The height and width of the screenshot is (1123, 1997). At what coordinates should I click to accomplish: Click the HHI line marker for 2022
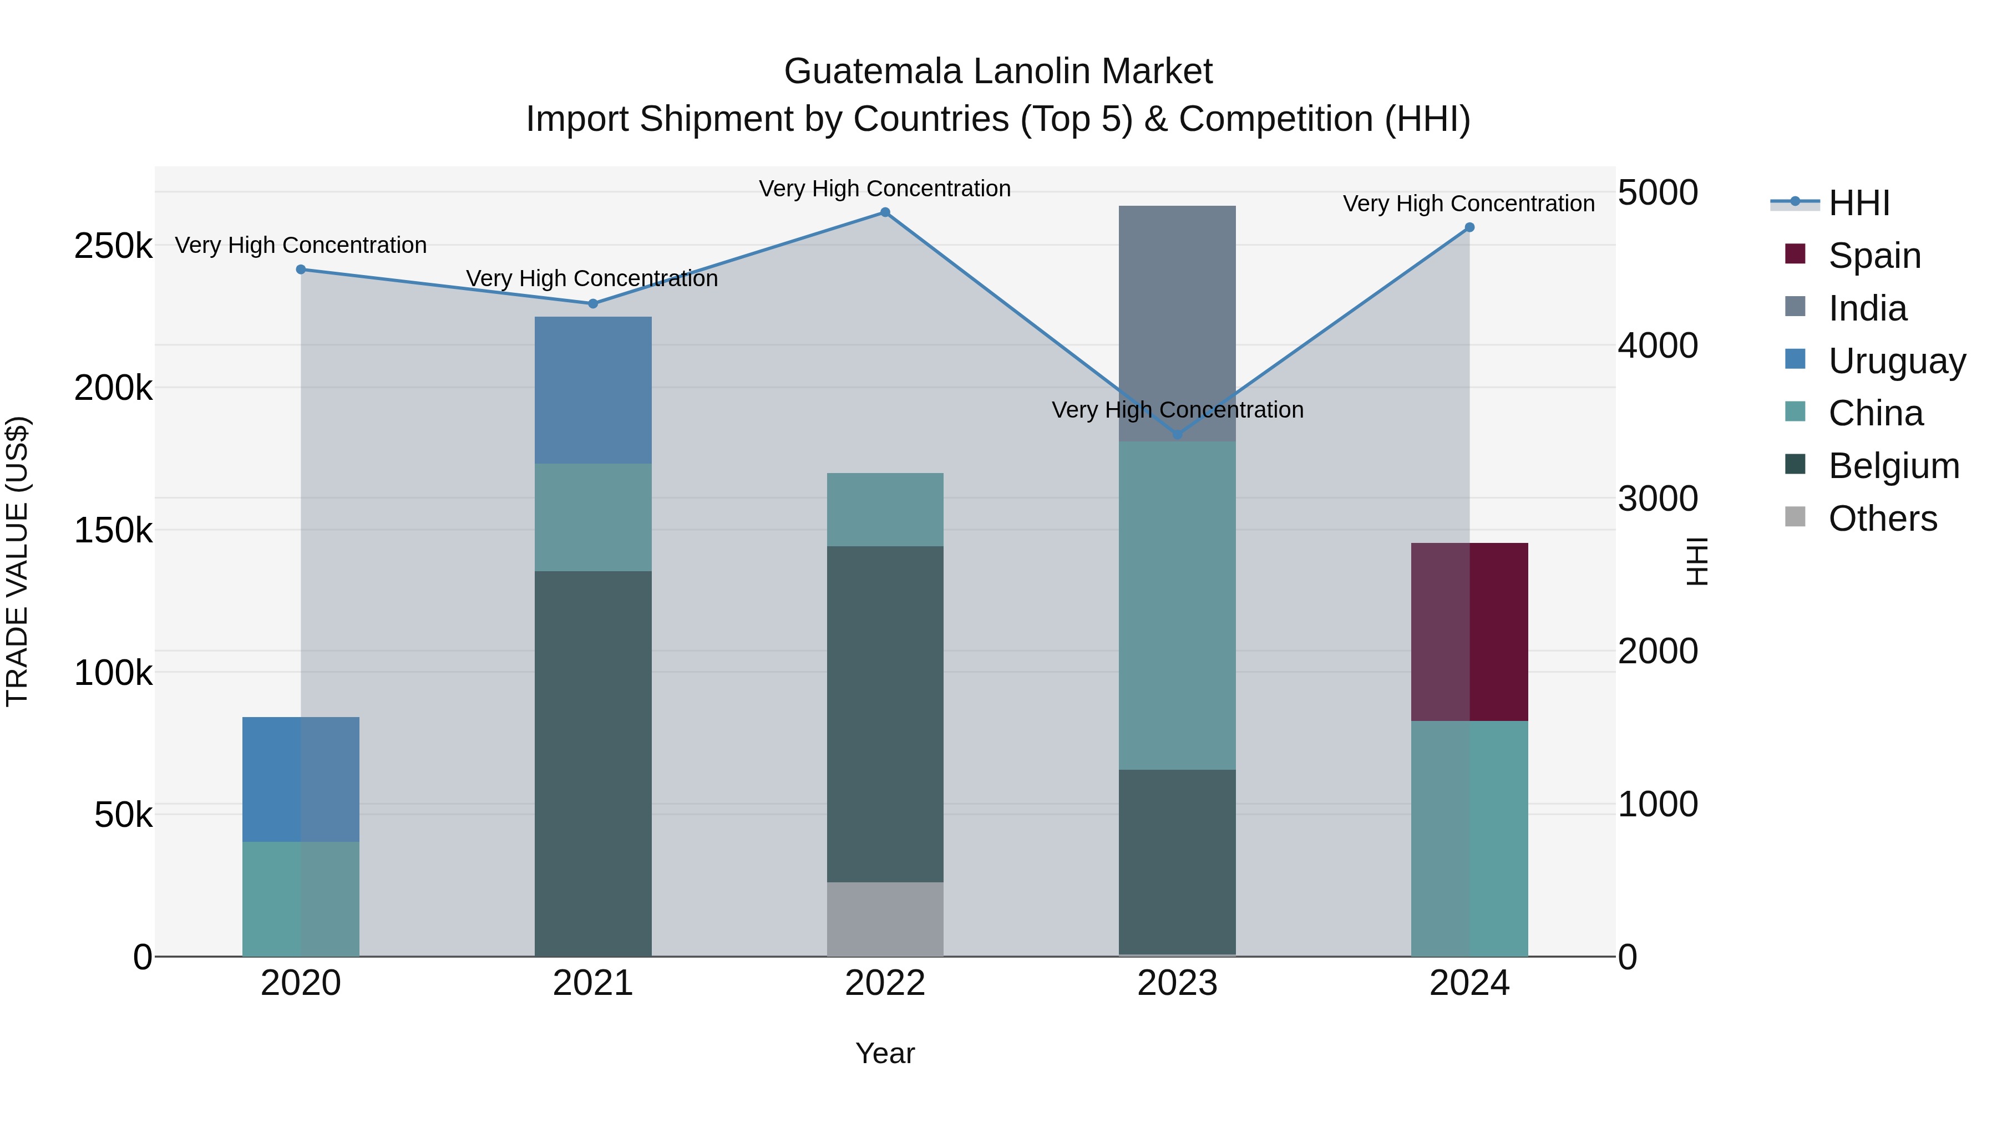click(885, 212)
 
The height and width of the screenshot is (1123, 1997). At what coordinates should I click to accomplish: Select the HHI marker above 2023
click(1178, 435)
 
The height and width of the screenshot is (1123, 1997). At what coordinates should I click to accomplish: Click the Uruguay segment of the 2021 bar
click(593, 390)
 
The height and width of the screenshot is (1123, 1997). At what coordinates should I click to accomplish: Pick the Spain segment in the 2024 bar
click(1469, 632)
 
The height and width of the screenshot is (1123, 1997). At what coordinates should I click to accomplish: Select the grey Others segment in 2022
click(885, 918)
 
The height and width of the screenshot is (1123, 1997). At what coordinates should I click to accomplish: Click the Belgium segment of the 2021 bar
click(593, 764)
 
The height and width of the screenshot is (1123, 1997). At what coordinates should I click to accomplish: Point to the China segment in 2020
click(301, 898)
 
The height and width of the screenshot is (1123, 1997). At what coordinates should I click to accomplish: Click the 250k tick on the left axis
click(113, 246)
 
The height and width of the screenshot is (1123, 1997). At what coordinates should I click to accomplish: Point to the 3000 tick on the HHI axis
click(1658, 499)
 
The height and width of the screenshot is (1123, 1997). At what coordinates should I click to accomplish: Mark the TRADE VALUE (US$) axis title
click(17, 561)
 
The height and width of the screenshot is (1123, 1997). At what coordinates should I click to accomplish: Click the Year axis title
click(885, 1053)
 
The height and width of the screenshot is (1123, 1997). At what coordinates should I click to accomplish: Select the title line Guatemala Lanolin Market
click(998, 72)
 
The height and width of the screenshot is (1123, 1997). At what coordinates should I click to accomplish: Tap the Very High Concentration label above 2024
click(1468, 204)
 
